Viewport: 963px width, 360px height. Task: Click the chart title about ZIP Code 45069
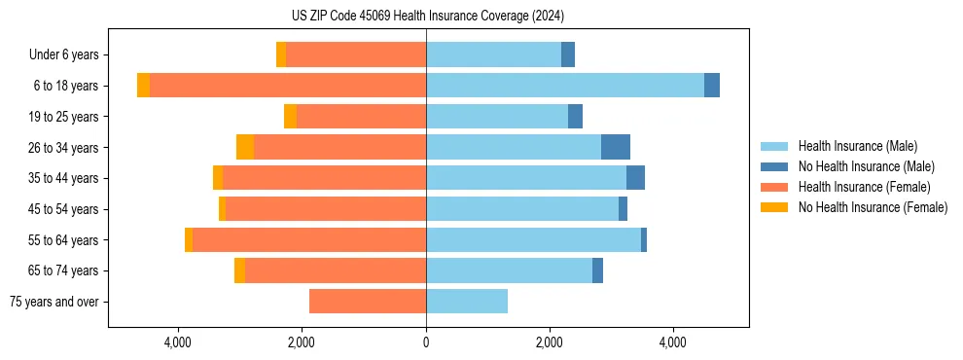tap(427, 16)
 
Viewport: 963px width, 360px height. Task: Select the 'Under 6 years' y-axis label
tap(63, 54)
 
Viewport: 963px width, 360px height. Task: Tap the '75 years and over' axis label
tap(53, 302)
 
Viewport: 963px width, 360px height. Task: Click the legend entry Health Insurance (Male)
tap(857, 146)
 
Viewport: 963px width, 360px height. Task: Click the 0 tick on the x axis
tap(426, 343)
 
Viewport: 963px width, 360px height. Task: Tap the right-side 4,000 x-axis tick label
tap(673, 343)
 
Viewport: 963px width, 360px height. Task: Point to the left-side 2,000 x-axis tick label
tap(302, 343)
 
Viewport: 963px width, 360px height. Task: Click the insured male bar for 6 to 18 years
tap(565, 86)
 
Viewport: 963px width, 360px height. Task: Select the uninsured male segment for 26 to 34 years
tap(616, 147)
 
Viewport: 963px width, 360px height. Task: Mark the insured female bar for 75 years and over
tap(368, 302)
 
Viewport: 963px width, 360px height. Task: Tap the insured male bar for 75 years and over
tap(467, 302)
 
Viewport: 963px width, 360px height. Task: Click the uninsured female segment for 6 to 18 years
tap(143, 86)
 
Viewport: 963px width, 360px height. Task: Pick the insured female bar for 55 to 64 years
tap(309, 239)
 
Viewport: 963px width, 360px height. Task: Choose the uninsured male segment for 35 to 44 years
tap(635, 178)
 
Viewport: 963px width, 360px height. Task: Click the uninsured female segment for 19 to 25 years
tap(290, 117)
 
